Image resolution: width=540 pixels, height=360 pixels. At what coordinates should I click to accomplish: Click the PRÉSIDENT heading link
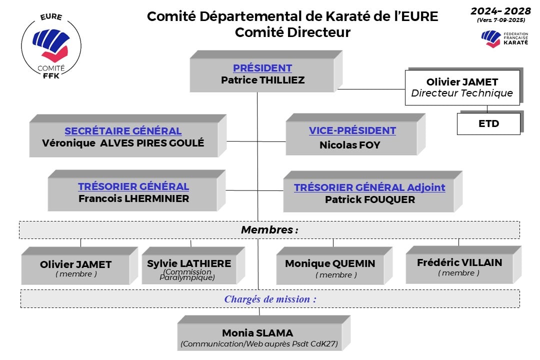point(262,68)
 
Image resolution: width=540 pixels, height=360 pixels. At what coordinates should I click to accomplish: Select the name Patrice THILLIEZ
point(262,80)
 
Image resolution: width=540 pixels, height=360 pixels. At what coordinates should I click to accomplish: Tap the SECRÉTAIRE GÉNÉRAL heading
point(123,131)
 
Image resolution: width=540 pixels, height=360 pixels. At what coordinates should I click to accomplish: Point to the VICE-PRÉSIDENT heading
point(352,130)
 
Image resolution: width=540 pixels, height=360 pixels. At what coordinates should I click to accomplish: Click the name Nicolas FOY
point(349,145)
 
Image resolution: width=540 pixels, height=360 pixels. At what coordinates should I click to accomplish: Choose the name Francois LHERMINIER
point(133,198)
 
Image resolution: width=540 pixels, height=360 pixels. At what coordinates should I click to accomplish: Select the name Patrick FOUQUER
point(369,199)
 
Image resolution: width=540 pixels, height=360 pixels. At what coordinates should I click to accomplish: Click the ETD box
point(488,123)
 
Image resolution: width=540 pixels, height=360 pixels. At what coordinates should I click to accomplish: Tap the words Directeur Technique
point(461,93)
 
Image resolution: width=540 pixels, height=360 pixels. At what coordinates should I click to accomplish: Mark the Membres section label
point(269,230)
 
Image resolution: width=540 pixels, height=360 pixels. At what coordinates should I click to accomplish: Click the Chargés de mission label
point(270,299)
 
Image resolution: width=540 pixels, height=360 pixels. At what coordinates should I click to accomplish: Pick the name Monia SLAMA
point(257,332)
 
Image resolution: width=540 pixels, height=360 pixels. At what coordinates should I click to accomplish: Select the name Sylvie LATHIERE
point(189,263)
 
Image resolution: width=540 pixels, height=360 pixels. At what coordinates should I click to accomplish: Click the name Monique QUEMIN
point(329,263)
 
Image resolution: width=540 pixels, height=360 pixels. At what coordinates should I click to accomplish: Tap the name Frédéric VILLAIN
point(459,262)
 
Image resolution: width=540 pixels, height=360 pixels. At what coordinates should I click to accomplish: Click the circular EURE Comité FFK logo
point(51,47)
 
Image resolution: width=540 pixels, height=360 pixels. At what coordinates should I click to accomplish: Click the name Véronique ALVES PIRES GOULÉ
point(123,142)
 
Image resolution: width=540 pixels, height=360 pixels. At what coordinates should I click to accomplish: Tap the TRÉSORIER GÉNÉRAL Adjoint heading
point(369,187)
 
